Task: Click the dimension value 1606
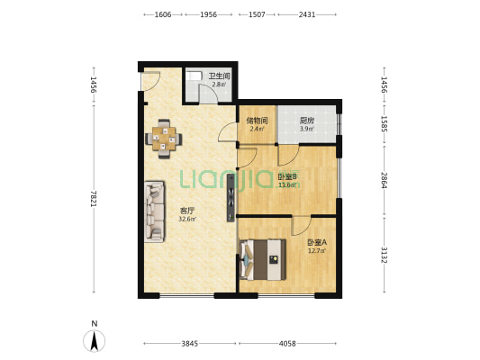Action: tap(163, 14)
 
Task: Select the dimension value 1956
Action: tap(208, 14)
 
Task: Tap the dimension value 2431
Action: tap(307, 14)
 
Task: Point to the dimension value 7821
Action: tap(94, 199)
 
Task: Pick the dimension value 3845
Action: tap(190, 344)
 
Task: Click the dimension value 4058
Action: tap(287, 344)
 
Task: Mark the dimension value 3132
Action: tap(385, 255)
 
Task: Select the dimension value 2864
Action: tap(385, 180)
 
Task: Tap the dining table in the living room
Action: tap(164, 139)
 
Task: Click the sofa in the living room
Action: tap(154, 212)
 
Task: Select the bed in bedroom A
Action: tap(263, 260)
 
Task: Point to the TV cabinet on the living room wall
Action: tap(231, 198)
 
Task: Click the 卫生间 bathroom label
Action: tap(219, 76)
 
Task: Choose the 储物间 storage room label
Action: tap(258, 121)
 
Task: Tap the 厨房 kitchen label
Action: tap(307, 121)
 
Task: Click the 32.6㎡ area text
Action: tap(187, 219)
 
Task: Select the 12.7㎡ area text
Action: tap(317, 251)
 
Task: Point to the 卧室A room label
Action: tap(317, 243)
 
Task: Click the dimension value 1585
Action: tap(385, 124)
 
